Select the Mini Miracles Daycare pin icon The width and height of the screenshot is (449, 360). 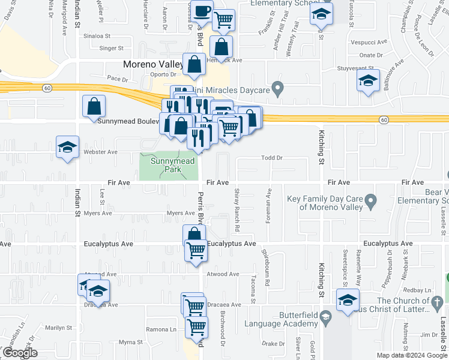277,89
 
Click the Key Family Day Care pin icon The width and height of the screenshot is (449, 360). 371,199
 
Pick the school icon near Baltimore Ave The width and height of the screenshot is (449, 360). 369,80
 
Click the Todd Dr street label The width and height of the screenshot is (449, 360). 272,158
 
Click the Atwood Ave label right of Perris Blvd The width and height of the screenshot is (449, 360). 224,274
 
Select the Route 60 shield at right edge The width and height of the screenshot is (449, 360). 383,120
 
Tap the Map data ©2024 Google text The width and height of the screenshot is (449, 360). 412,355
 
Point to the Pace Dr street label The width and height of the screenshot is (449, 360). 118,79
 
